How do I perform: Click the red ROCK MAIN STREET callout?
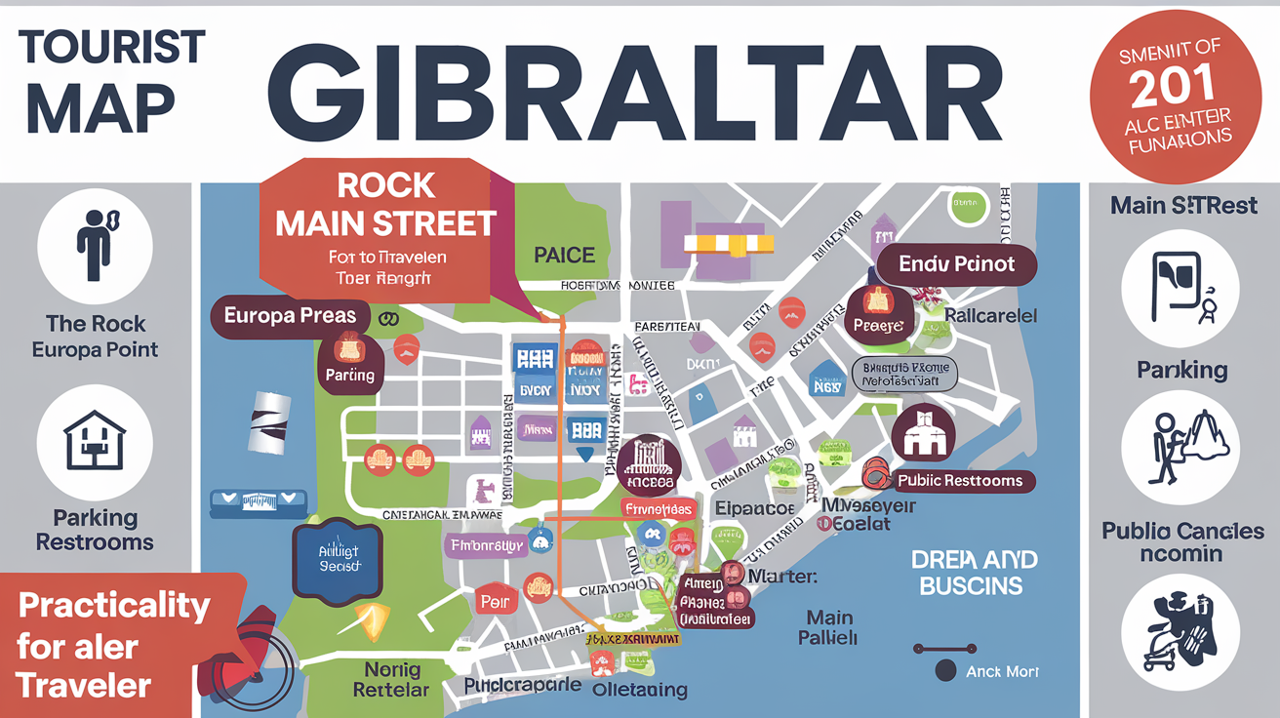[384, 220]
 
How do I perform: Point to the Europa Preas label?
[290, 316]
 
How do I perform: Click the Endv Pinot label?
[956, 263]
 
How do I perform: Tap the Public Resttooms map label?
[960, 480]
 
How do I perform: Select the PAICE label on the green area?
[564, 256]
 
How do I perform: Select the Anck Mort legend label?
[1002, 671]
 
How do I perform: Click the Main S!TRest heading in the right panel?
[1183, 206]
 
